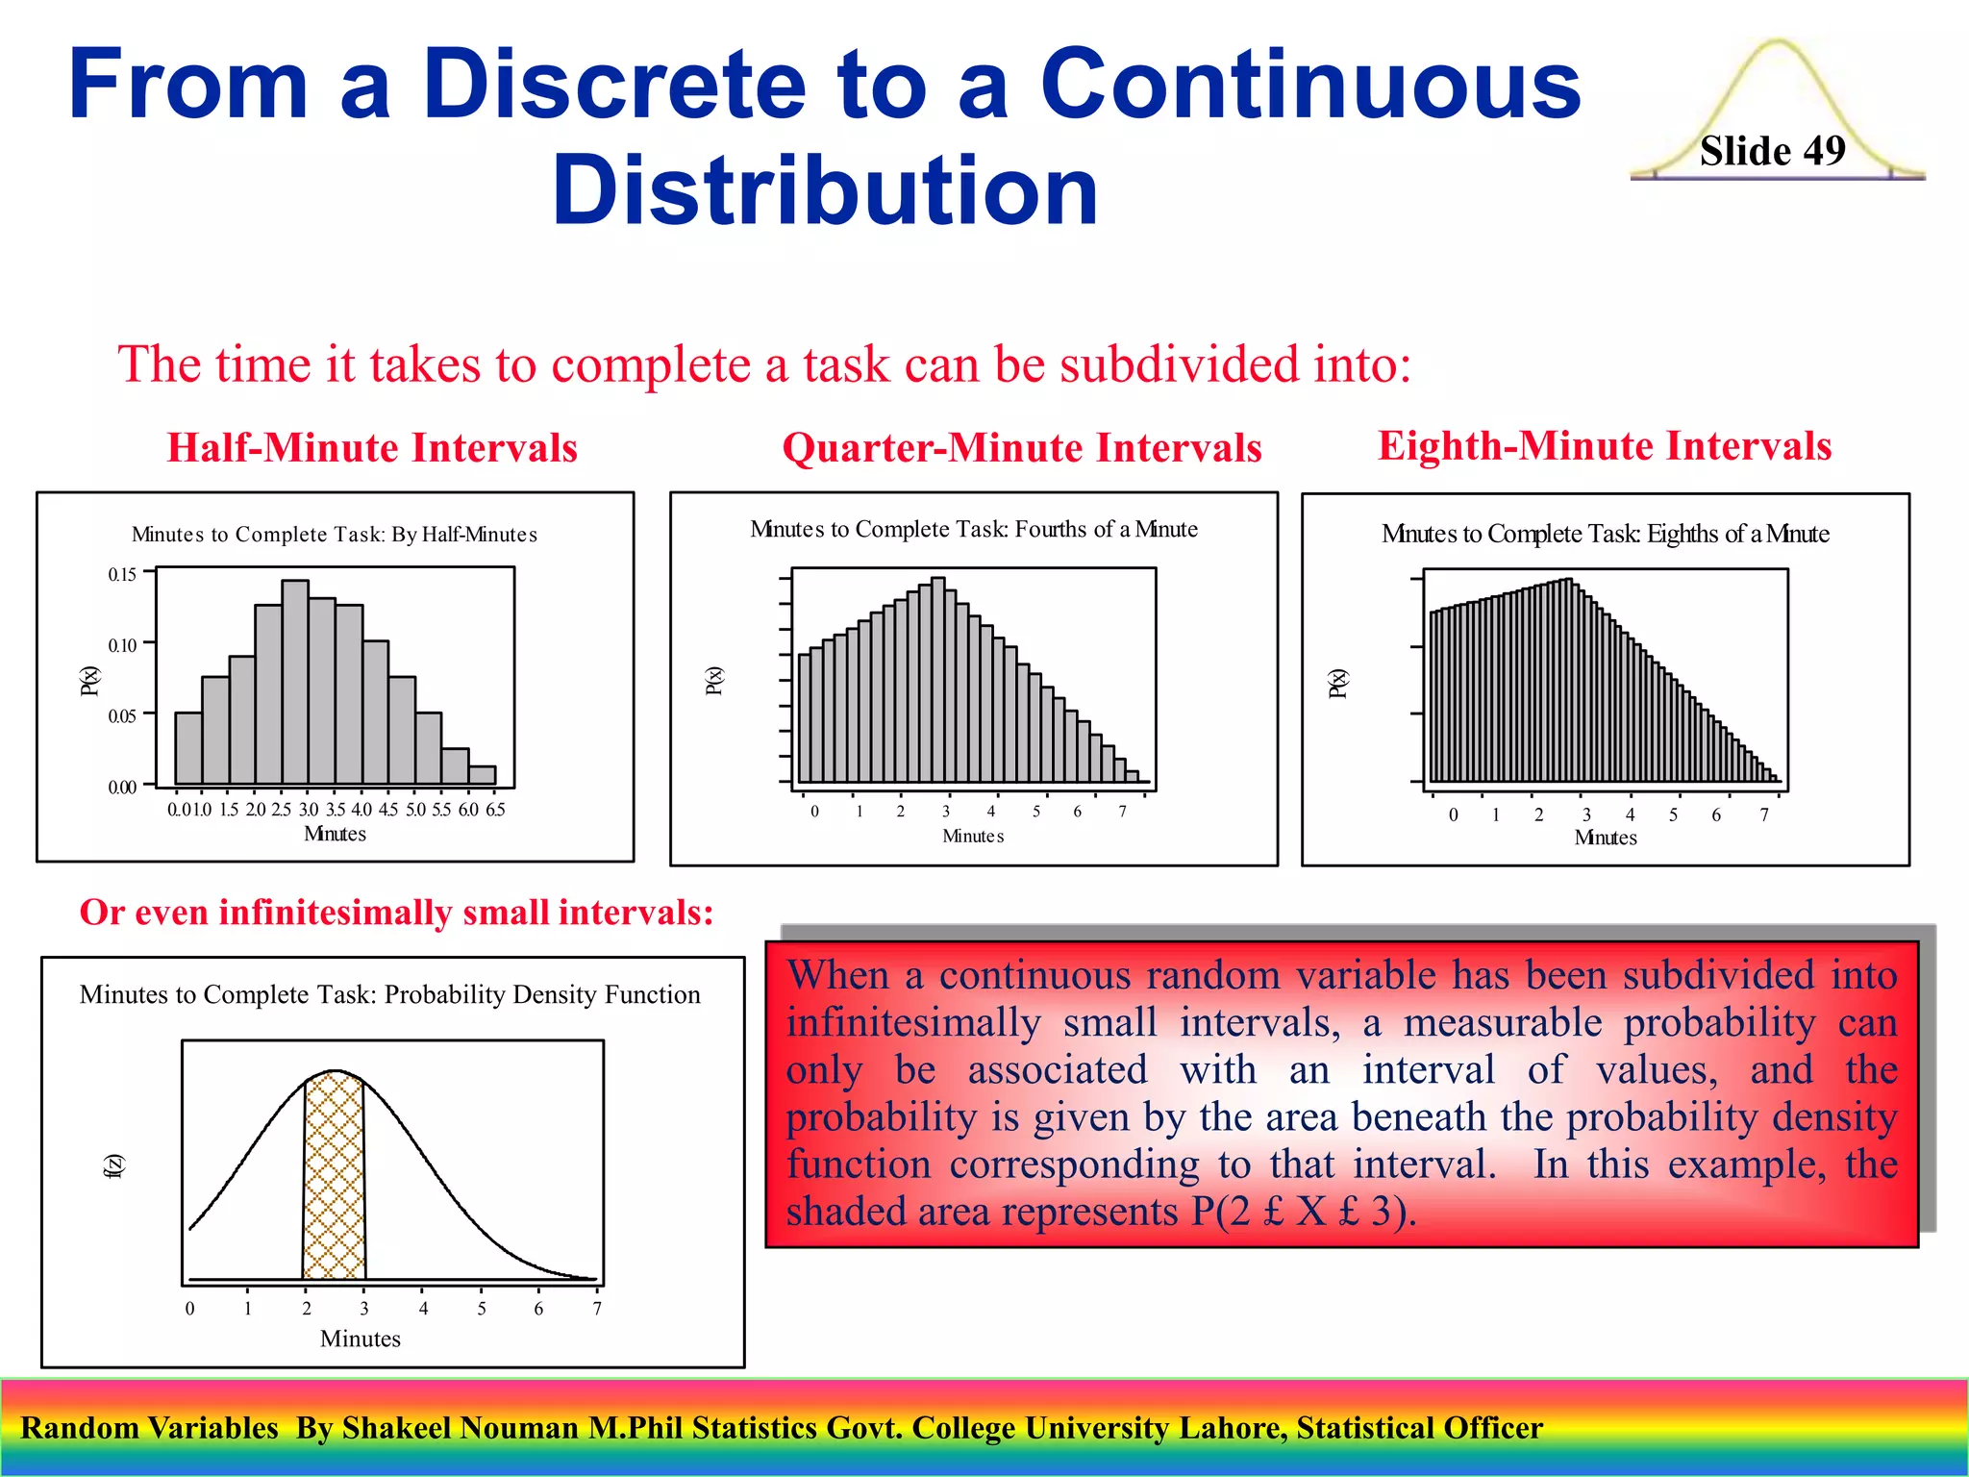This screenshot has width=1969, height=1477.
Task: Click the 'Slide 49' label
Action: tap(1772, 151)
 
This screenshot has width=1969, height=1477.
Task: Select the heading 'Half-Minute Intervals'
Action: tap(372, 448)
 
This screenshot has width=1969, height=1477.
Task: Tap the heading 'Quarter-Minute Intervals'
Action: tap(1021, 448)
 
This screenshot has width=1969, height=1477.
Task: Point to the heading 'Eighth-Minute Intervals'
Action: tap(1604, 446)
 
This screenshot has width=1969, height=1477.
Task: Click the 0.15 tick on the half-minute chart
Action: tap(122, 575)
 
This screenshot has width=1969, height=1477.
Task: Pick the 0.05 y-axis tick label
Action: tap(122, 716)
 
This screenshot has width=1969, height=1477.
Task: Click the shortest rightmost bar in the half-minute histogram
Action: tap(482, 775)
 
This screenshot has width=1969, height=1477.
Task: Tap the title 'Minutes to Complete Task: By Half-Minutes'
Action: tap(334, 535)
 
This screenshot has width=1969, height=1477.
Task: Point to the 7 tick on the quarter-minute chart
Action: tap(1122, 812)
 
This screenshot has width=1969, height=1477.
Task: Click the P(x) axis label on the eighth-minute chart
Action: tap(1337, 683)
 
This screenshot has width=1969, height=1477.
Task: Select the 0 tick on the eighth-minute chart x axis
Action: tap(1453, 815)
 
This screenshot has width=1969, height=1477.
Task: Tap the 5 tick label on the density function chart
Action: tap(482, 1309)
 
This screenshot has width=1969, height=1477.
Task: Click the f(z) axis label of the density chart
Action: tap(113, 1165)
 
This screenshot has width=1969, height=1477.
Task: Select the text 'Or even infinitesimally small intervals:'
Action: tap(396, 913)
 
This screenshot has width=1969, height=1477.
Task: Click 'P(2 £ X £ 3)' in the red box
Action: tap(1303, 1212)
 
